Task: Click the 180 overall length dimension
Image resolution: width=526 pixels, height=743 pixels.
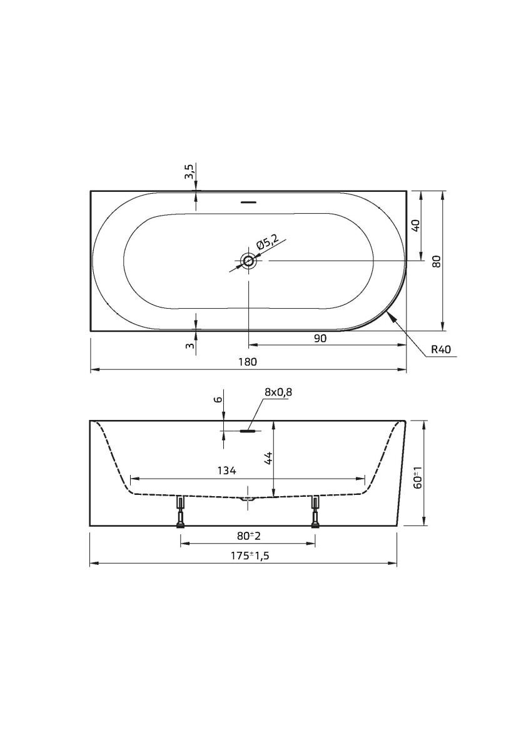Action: [x=248, y=362]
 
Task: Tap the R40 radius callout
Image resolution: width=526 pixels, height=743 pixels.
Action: [x=440, y=350]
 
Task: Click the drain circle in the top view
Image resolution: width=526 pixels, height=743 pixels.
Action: [x=248, y=260]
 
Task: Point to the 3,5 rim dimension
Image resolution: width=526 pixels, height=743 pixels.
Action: [x=189, y=172]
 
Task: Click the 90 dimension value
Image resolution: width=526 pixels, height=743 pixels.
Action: [x=321, y=338]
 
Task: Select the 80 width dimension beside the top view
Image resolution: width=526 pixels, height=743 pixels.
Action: [x=437, y=261]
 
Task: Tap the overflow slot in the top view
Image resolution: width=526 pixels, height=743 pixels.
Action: [x=248, y=202]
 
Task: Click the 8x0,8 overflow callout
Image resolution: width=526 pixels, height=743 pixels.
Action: [x=278, y=392]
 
